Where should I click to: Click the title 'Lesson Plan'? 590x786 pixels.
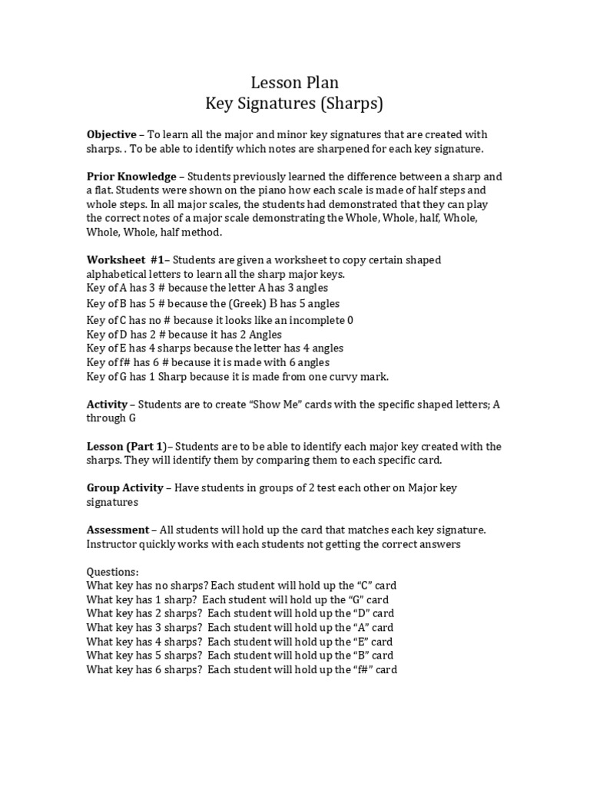click(295, 82)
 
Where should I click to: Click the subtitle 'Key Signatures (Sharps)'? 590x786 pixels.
click(295, 103)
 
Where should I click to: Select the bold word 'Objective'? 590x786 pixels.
click(111, 134)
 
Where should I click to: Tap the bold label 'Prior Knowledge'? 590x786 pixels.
click(131, 177)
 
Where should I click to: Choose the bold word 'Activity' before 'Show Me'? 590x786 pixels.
click(107, 405)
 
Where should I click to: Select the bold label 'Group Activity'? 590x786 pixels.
click(124, 488)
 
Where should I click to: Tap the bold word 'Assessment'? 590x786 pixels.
click(118, 530)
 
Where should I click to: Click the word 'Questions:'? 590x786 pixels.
click(113, 572)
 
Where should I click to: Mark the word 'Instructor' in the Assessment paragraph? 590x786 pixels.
click(114, 544)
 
